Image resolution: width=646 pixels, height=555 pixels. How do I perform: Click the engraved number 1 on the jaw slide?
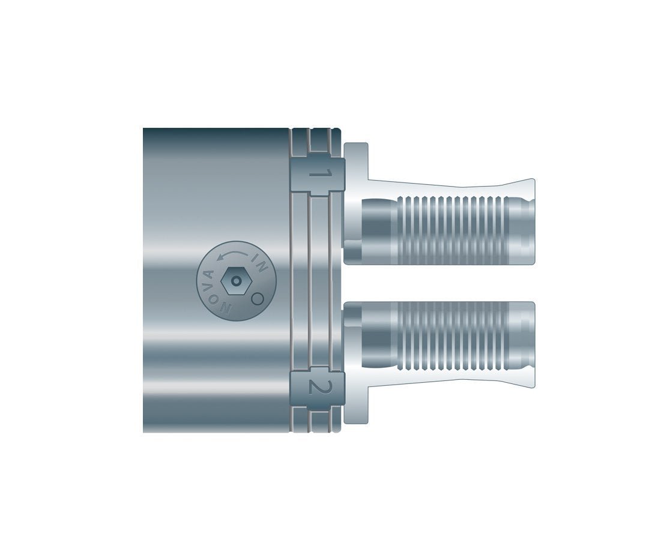coord(320,175)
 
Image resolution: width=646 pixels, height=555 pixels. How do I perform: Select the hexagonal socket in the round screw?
coord(236,281)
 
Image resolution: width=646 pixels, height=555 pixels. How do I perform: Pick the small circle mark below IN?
coord(256,297)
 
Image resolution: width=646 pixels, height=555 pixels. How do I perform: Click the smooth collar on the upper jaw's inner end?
coord(376,229)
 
